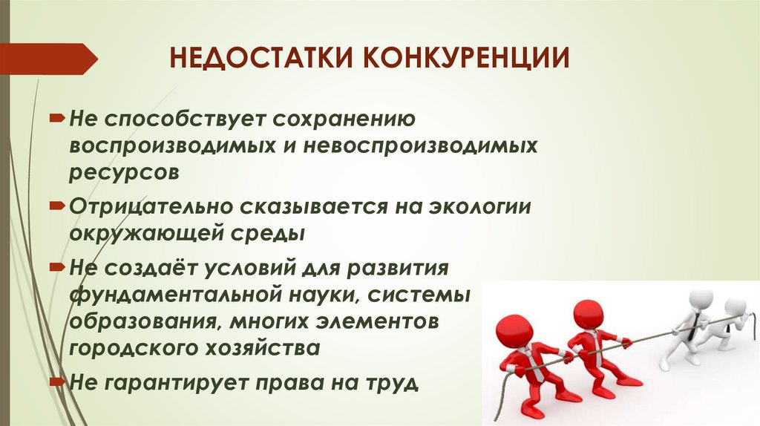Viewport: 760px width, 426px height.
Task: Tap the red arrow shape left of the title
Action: click(x=47, y=58)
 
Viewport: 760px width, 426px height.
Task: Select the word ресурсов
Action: click(x=125, y=171)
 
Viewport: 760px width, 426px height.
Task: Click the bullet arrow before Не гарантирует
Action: click(x=58, y=381)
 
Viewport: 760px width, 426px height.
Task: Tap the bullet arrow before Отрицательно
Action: click(x=58, y=203)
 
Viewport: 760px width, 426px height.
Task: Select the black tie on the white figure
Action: click(x=692, y=331)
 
